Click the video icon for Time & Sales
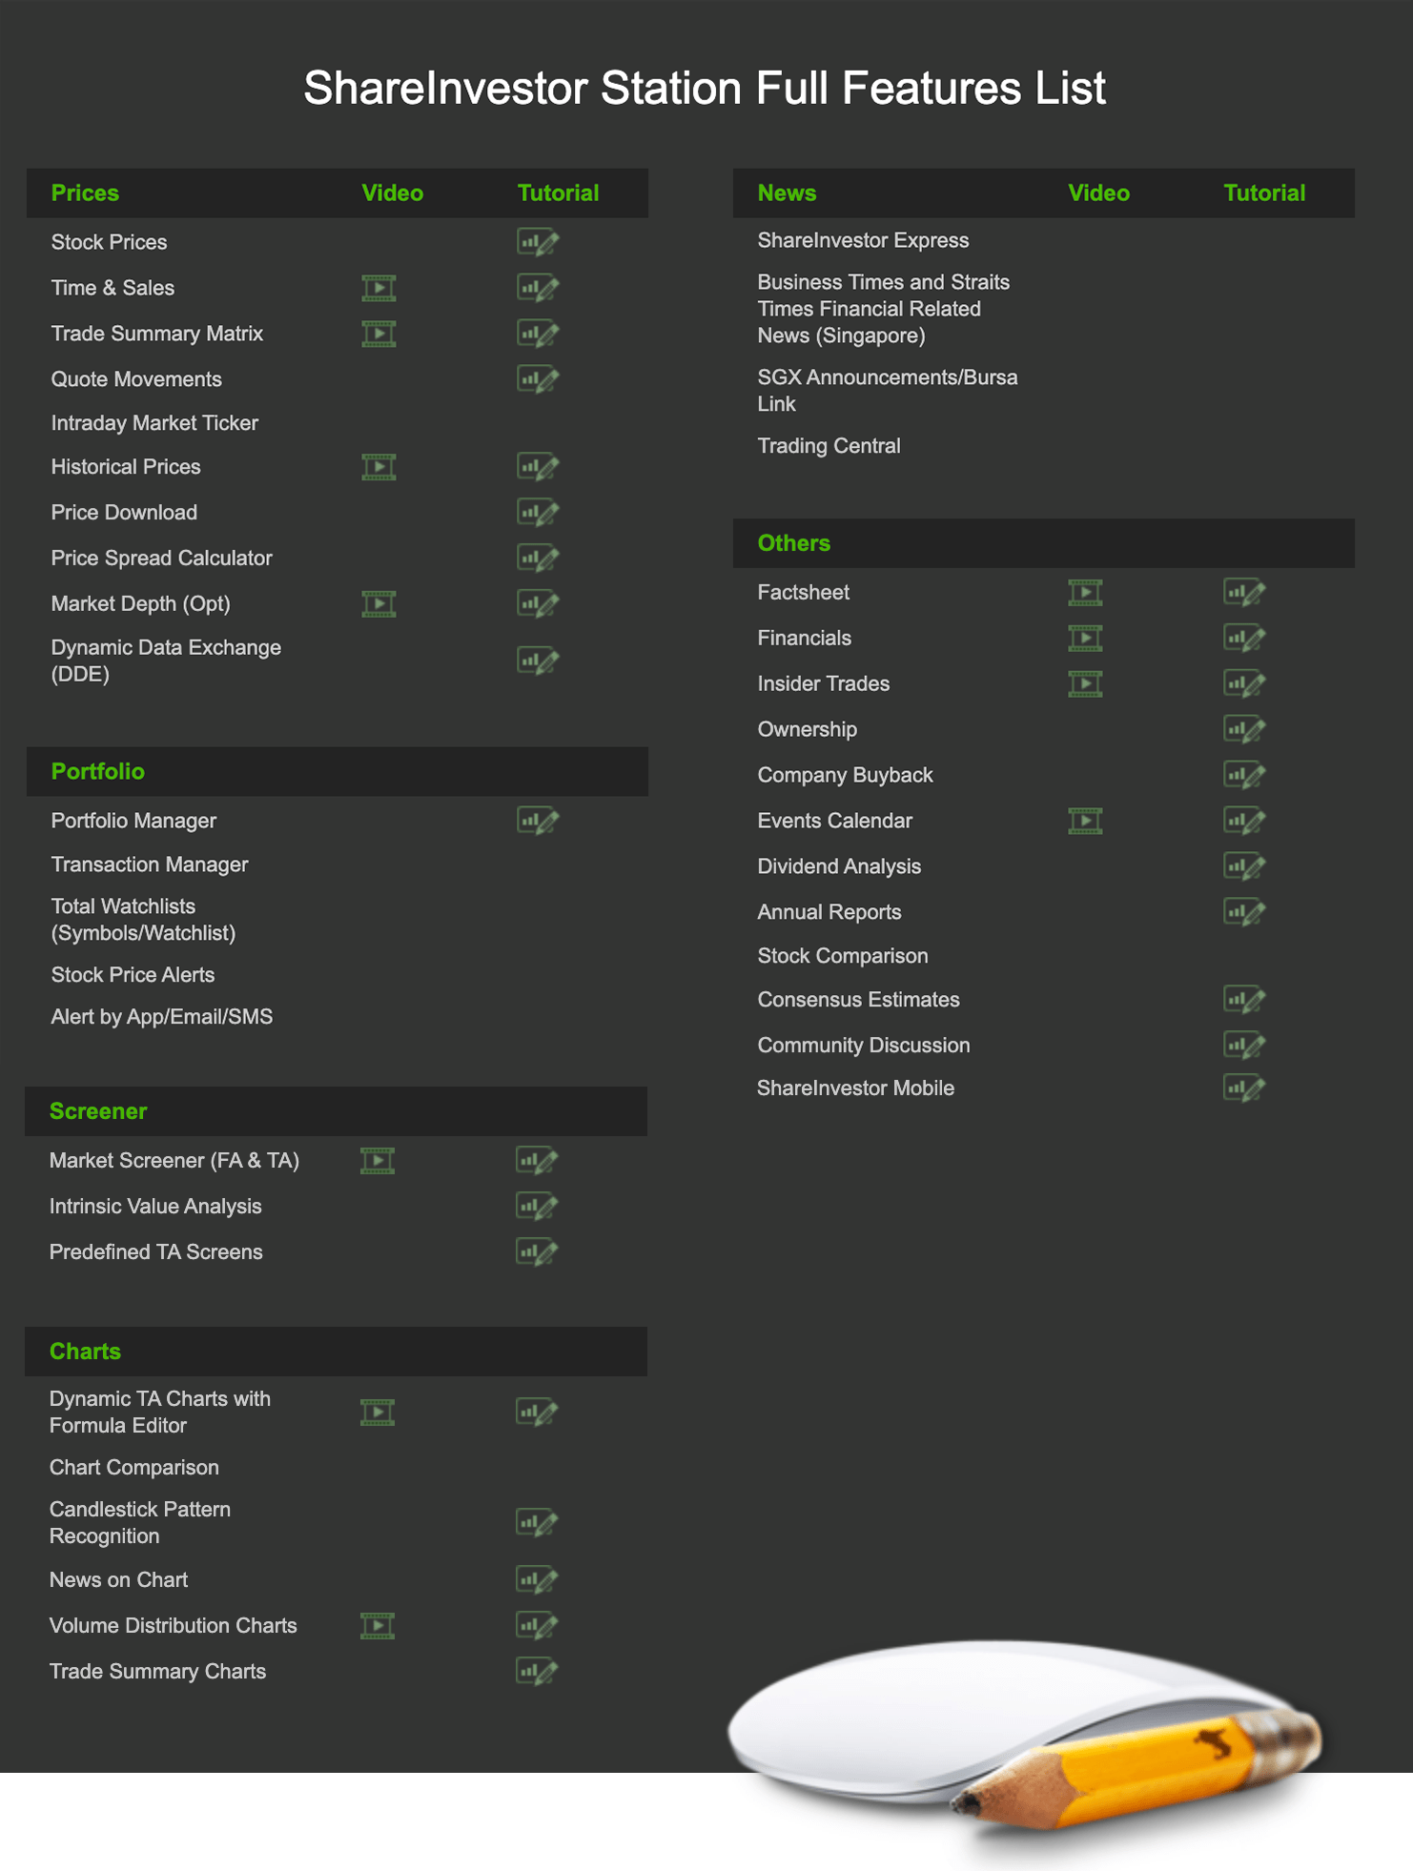[379, 288]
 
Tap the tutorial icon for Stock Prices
[538, 242]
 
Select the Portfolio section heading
[97, 771]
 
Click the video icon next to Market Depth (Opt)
[379, 604]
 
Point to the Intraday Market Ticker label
[154, 423]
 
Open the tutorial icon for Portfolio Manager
[538, 821]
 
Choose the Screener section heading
[98, 1111]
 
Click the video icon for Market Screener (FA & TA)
[378, 1161]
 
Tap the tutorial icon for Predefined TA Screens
[537, 1252]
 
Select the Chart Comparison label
[134, 1468]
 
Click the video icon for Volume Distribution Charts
[378, 1626]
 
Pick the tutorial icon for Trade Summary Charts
[537, 1672]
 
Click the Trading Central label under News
[829, 446]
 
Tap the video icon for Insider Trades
[1085, 684]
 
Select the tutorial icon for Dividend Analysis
[1244, 867]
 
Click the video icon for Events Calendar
[1085, 822]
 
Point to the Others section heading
[793, 543]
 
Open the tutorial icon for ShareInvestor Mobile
[1244, 1088]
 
